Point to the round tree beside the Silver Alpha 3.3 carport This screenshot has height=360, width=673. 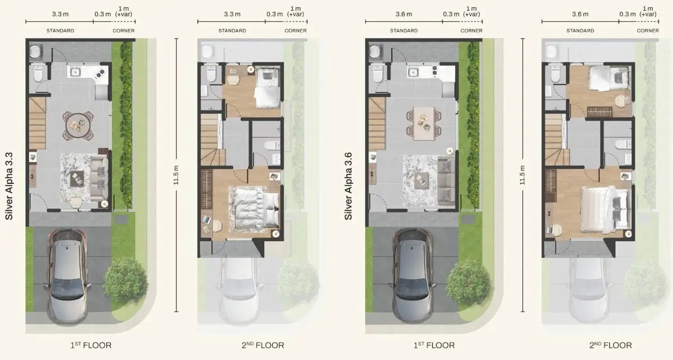click(125, 279)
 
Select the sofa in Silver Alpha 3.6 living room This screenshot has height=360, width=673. click(446, 180)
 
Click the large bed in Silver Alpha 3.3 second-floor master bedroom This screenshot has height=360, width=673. click(253, 209)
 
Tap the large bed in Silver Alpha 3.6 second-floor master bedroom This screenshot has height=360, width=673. click(603, 209)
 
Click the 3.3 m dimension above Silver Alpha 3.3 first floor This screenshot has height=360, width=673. click(59, 13)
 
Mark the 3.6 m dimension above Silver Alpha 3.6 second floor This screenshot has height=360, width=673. click(580, 13)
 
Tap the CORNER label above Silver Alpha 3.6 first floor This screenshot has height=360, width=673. click(471, 31)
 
